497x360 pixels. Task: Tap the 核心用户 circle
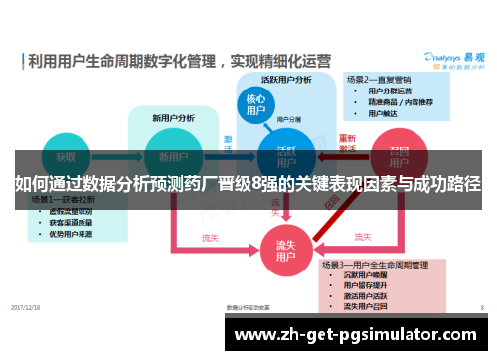pos(255,106)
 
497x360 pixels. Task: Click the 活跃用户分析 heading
pos(286,80)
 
